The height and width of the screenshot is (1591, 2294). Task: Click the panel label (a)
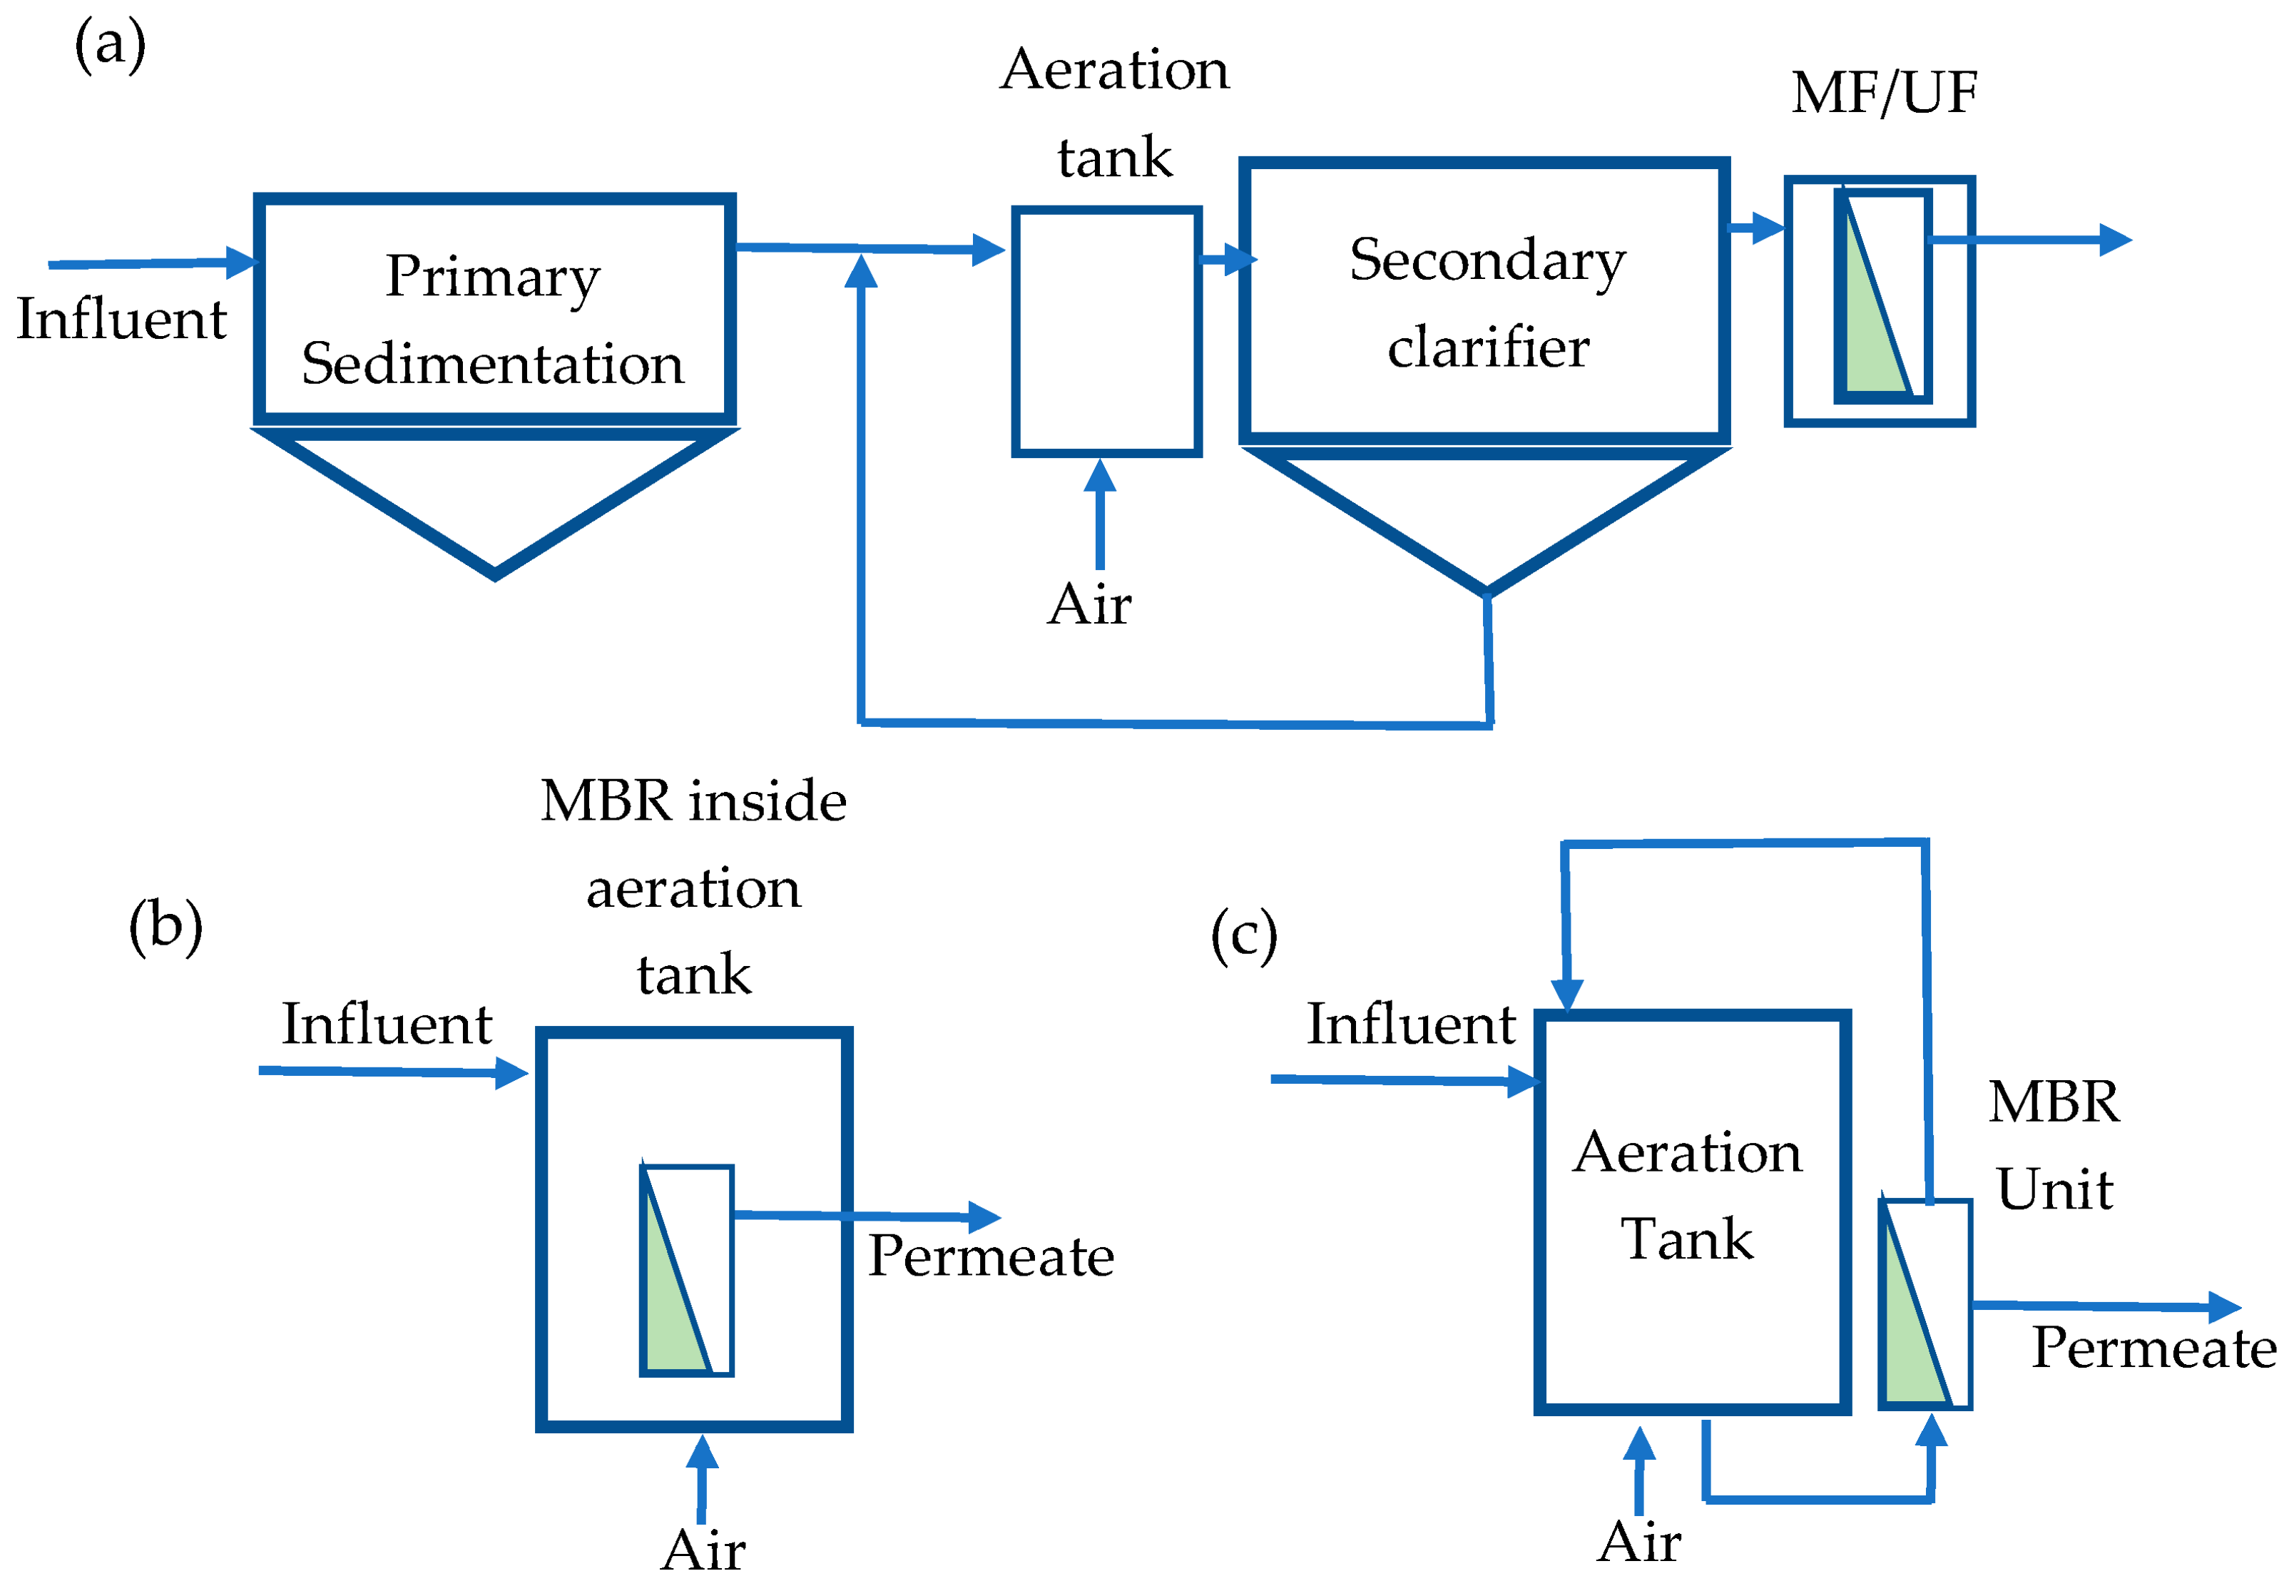click(x=110, y=46)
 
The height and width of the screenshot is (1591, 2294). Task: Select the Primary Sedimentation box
click(x=494, y=309)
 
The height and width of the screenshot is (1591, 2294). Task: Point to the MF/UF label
click(x=1882, y=93)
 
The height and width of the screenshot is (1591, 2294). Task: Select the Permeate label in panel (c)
click(x=2153, y=1348)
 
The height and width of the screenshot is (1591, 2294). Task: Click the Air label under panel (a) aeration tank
click(x=1089, y=605)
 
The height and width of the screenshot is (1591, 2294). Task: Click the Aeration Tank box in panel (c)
click(x=1691, y=1196)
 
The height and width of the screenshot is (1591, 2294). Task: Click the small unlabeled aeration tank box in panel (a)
click(x=1106, y=331)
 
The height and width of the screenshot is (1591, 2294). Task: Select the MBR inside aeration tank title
click(x=693, y=888)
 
